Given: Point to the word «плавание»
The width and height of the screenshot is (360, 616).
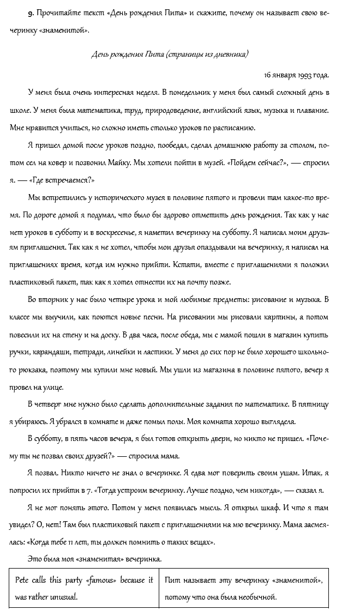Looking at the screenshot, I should [313, 111].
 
